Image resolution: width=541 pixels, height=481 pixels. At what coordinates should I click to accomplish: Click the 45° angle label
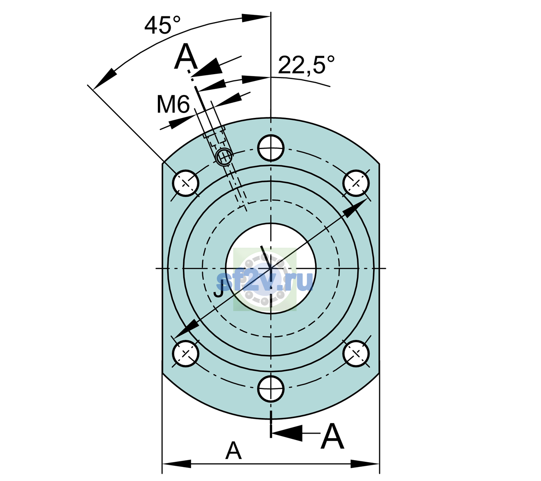pyautogui.click(x=162, y=25)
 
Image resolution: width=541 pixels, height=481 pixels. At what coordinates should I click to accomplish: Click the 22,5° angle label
pyautogui.click(x=306, y=65)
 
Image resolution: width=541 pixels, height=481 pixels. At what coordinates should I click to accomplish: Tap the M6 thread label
pyautogui.click(x=173, y=104)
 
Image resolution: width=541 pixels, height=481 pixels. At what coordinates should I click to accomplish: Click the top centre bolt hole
pyautogui.click(x=270, y=148)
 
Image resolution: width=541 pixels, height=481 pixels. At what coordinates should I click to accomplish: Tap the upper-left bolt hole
pyautogui.click(x=186, y=183)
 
